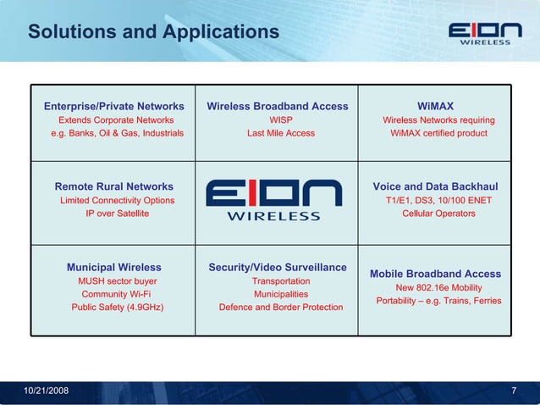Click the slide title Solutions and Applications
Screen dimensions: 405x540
click(153, 32)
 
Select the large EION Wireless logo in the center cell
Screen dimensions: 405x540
click(273, 200)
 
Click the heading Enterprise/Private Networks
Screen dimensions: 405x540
click(114, 107)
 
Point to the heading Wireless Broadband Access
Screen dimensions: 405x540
click(278, 107)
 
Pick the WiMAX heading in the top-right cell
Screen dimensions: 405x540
click(436, 107)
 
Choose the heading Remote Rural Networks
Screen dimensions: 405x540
click(114, 186)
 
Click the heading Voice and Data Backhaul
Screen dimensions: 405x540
click(435, 186)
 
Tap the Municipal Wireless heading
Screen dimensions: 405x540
click(114, 268)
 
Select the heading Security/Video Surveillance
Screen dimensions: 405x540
click(278, 268)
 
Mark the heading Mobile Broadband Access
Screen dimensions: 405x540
click(435, 274)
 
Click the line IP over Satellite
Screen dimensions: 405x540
click(117, 214)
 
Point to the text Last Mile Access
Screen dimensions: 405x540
click(281, 133)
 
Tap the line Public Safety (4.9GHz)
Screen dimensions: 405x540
click(118, 307)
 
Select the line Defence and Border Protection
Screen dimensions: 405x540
click(281, 307)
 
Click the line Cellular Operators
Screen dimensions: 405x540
click(438, 214)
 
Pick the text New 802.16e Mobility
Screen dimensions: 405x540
click(438, 287)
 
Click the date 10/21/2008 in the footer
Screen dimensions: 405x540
click(46, 390)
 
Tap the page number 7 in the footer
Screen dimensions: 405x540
click(515, 390)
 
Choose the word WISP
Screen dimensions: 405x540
click(281, 120)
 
